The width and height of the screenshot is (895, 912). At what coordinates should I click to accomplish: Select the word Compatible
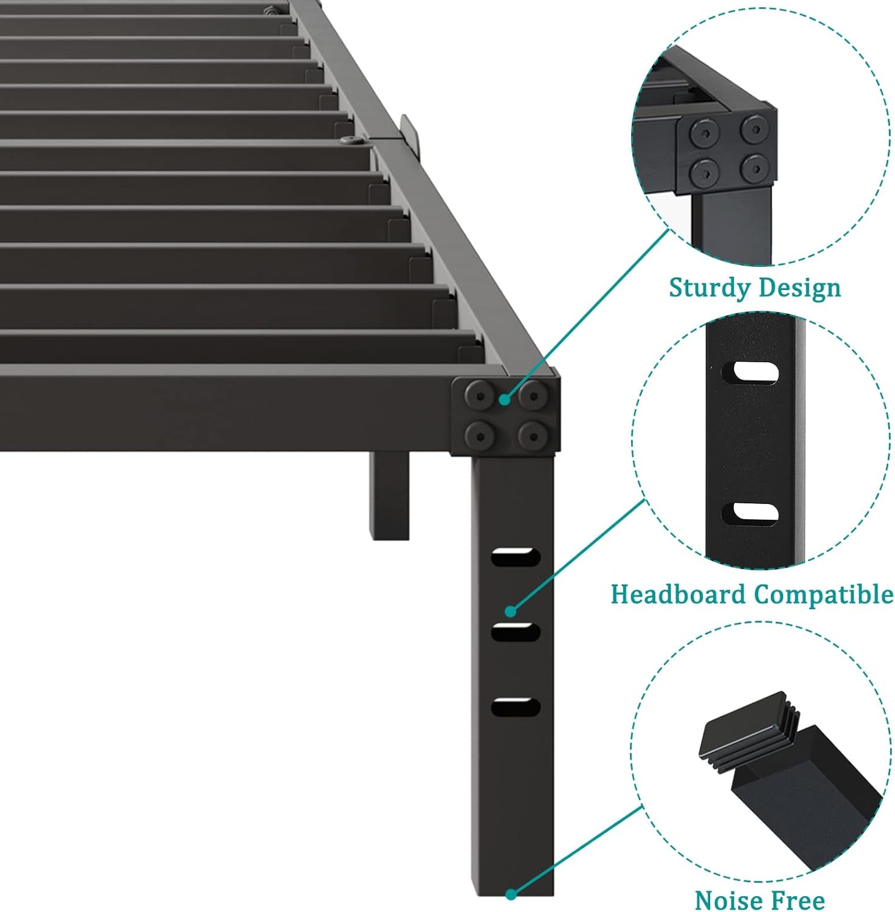click(823, 594)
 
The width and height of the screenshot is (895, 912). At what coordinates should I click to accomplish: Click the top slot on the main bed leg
click(516, 556)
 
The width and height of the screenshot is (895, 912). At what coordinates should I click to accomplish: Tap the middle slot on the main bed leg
click(516, 632)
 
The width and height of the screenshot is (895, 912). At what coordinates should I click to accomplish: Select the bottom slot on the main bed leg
click(516, 707)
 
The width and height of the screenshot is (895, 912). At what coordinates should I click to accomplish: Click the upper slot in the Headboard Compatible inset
click(756, 372)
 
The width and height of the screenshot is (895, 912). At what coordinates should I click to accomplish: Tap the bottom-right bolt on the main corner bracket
click(534, 435)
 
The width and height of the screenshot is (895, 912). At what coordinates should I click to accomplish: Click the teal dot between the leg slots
click(511, 610)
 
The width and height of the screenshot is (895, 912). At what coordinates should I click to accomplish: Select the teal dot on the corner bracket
click(504, 399)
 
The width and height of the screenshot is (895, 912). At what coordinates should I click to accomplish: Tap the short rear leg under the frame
click(391, 496)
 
